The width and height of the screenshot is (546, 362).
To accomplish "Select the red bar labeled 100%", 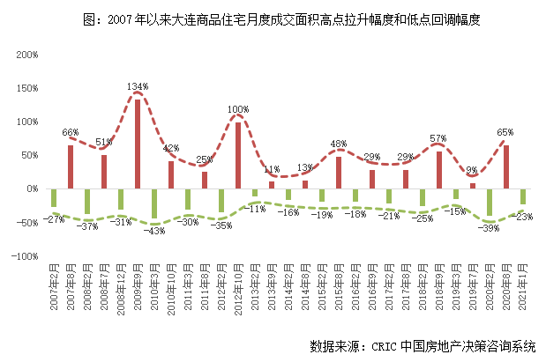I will (237, 155).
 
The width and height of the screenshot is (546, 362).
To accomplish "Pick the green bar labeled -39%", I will (490, 202).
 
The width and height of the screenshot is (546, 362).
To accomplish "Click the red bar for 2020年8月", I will (506, 166).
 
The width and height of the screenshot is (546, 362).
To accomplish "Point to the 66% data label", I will (71, 132).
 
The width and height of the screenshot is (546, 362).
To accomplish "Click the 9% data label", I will (472, 170).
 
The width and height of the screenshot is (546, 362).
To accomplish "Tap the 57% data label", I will (438, 138).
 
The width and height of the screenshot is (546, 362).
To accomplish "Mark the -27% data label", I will (55, 219).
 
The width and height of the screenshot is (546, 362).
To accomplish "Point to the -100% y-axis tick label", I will (25, 256).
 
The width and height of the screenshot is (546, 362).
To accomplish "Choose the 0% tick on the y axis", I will (31, 189).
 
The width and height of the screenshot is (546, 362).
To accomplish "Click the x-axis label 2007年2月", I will (54, 293).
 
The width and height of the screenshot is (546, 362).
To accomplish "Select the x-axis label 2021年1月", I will (523, 293).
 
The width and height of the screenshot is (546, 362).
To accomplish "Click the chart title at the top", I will (273, 18).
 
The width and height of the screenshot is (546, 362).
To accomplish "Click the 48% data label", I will (338, 144).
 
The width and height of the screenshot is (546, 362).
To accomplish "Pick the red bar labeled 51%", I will (103, 172).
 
